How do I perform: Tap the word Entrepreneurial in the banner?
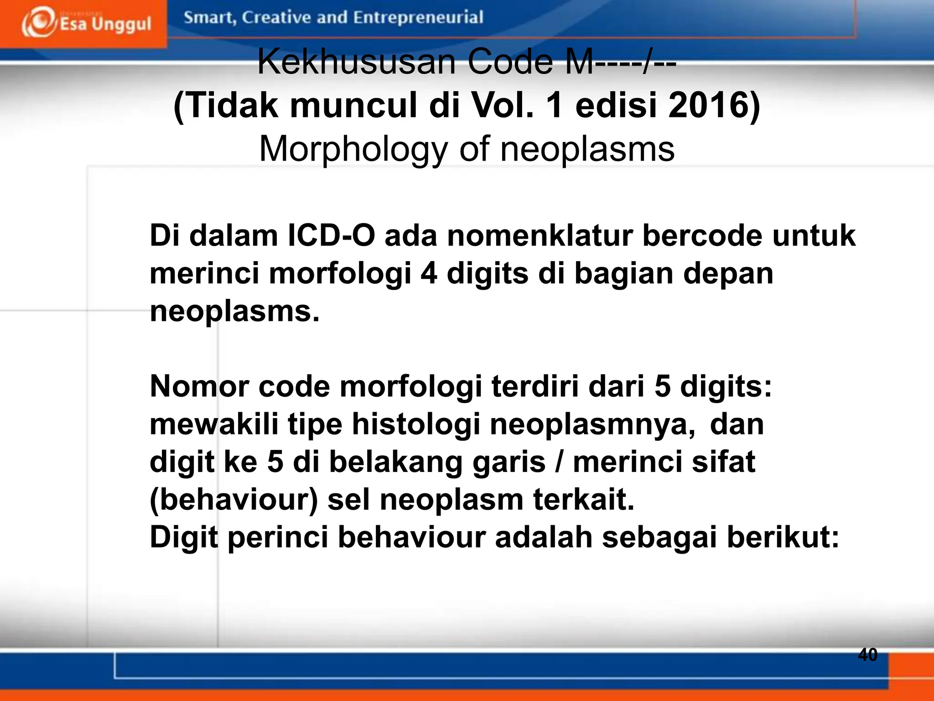click(418, 17)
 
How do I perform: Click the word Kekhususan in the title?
click(357, 62)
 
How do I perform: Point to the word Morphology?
click(354, 149)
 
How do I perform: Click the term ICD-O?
click(331, 235)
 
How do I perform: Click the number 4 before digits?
click(429, 273)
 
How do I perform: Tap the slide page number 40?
click(867, 654)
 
